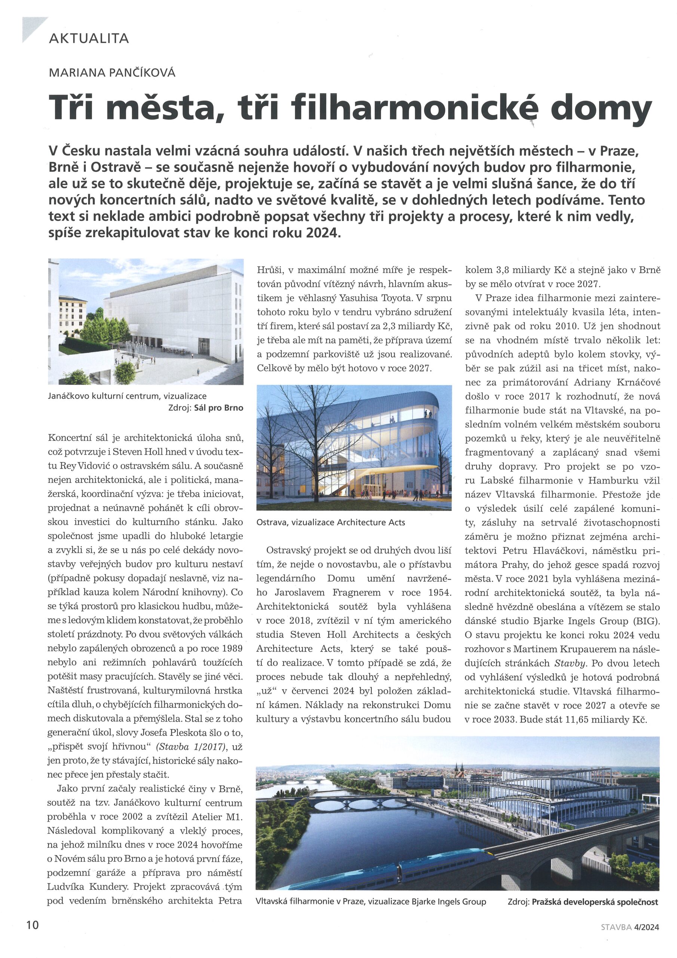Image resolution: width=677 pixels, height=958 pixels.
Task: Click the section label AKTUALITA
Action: tap(89, 39)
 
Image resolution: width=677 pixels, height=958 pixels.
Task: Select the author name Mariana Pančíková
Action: tap(112, 73)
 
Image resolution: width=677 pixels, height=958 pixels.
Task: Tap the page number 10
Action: tap(32, 925)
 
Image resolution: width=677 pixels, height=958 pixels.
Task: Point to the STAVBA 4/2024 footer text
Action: tap(630, 927)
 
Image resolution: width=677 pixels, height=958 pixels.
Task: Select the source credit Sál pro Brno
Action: tap(218, 408)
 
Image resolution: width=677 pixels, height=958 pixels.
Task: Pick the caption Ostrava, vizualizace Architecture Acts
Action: tap(330, 522)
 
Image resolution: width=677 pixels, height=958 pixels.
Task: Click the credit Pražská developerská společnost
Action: tap(595, 901)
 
